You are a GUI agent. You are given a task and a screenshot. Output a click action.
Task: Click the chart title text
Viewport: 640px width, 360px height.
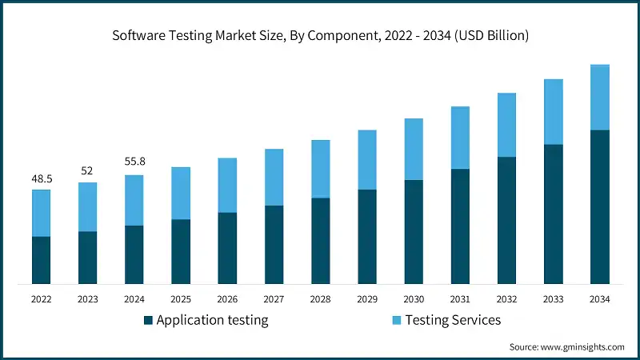(x=320, y=36)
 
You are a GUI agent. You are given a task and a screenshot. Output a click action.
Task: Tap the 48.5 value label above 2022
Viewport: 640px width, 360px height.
(x=41, y=178)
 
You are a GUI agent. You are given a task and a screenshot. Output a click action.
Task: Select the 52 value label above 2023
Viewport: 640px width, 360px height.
(x=87, y=170)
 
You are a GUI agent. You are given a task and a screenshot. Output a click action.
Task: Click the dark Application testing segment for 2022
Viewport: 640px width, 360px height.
(x=41, y=260)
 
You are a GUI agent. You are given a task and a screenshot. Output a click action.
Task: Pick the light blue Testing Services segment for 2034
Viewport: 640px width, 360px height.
(x=599, y=97)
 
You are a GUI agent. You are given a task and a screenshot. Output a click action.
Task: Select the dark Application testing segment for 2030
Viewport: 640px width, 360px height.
(x=413, y=232)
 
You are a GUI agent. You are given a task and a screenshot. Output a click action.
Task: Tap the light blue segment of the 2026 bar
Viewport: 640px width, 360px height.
(x=227, y=185)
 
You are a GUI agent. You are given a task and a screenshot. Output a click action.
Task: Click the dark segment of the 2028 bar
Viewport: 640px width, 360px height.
(x=320, y=241)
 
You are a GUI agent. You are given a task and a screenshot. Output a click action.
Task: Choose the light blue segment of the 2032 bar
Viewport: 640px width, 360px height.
(x=506, y=125)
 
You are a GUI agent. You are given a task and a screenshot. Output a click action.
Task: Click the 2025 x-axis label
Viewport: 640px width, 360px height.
(x=180, y=299)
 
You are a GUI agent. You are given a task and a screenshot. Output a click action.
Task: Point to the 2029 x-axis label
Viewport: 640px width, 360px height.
(x=366, y=299)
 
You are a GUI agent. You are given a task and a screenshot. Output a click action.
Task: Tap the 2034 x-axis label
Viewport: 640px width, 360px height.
(x=599, y=299)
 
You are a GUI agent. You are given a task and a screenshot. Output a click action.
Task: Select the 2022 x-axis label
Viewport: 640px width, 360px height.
(x=41, y=299)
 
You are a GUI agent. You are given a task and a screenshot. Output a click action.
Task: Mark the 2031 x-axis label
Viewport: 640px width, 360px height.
(x=459, y=299)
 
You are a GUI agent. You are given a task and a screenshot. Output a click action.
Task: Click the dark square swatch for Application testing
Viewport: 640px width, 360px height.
(x=148, y=321)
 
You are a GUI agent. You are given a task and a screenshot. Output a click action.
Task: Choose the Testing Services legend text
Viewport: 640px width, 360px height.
(x=453, y=320)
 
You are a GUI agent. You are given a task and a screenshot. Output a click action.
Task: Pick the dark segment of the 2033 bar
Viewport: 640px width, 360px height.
(x=553, y=214)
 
